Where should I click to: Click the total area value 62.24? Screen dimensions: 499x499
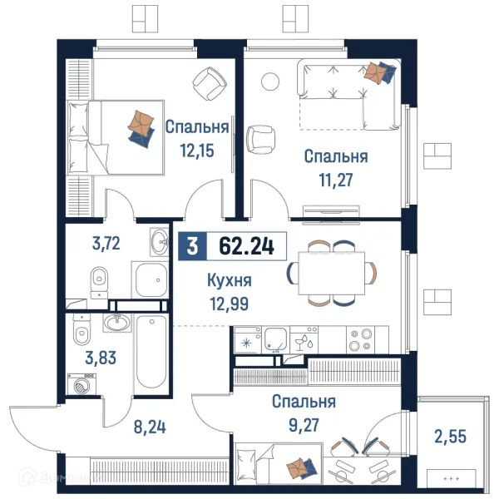pos(247,246)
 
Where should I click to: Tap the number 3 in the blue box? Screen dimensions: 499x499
pos(193,246)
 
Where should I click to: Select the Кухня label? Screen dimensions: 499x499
pos(230,281)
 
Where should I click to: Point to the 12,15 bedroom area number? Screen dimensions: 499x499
pos(197,151)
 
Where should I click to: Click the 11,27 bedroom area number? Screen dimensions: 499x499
pos(336,180)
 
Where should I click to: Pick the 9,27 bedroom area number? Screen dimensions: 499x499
pos(304,425)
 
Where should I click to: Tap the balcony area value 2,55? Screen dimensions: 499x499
pos(450,437)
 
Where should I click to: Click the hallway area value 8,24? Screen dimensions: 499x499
pos(150,427)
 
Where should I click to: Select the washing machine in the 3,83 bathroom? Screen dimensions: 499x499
pos(82,384)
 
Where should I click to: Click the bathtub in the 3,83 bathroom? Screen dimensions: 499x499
pos(151,353)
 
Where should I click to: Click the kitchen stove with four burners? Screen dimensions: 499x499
pos(360,339)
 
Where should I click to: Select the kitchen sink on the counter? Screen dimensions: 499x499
pos(275,339)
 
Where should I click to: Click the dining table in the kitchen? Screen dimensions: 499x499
pos(332,273)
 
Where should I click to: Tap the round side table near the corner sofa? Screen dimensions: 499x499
pos(270,82)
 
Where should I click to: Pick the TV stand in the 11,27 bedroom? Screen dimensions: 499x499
pos(331,211)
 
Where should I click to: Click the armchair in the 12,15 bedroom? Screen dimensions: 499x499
pos(210,83)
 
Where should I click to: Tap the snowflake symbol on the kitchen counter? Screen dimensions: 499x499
pos(247,343)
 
